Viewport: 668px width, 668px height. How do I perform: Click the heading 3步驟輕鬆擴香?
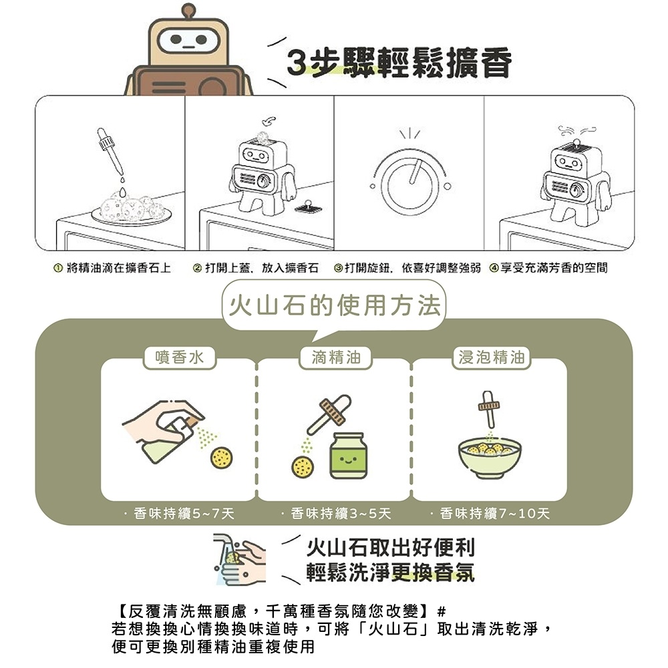coord(399,63)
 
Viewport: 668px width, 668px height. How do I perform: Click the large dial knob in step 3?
coord(409,180)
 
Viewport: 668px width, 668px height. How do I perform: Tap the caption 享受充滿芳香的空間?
coord(549,268)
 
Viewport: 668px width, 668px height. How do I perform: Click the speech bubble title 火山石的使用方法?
coord(334,307)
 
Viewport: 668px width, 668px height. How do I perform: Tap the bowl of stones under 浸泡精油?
coord(490,459)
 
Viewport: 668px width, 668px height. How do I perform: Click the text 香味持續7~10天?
coord(495,513)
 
